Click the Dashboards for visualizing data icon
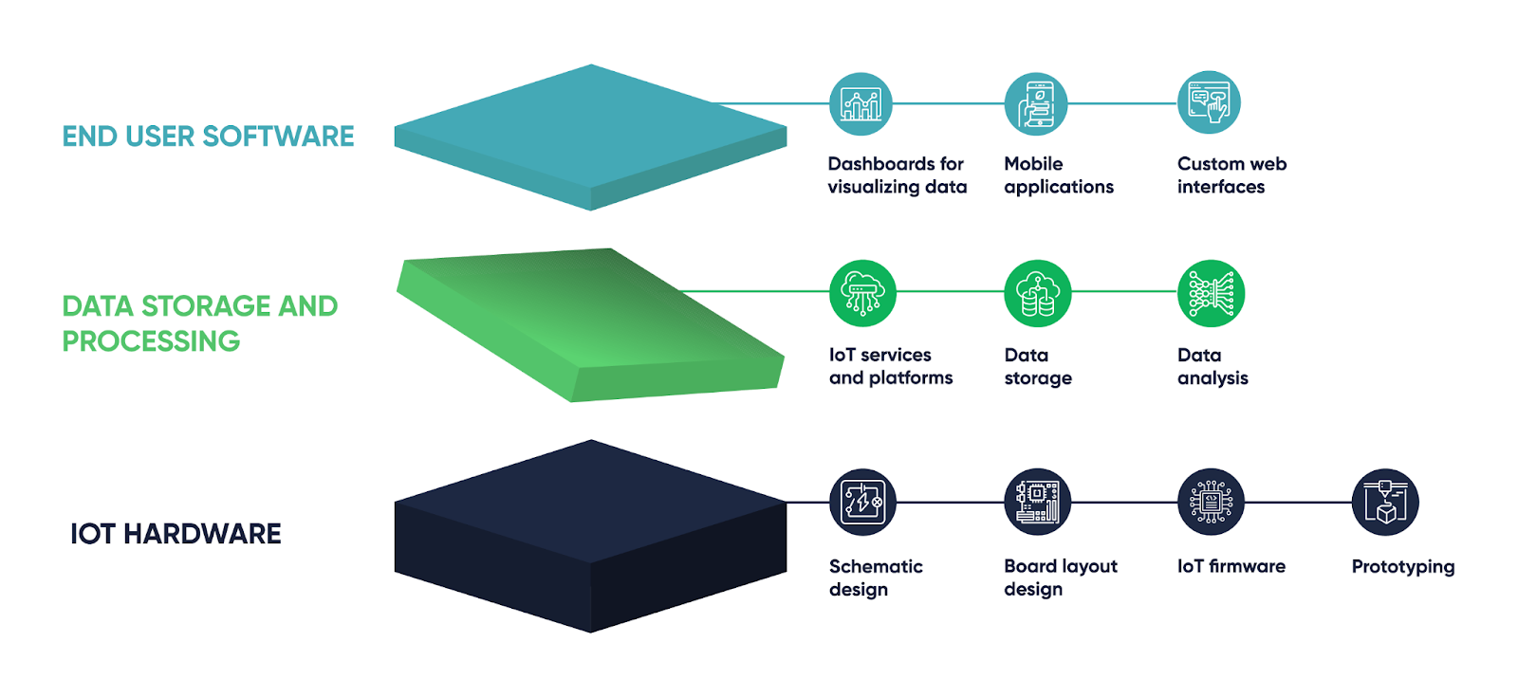point(861,104)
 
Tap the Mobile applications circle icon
point(1036,104)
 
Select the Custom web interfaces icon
point(1209,102)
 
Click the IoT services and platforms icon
point(862,293)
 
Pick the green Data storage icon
point(1037,293)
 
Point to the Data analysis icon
point(1211,293)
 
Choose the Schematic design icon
point(862,502)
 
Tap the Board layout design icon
point(1037,502)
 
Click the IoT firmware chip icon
point(1211,502)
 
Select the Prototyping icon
point(1385,502)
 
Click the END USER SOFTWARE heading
point(208,137)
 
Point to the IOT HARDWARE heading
point(176,534)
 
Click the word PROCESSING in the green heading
point(151,341)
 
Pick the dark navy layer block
point(590,536)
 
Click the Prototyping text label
point(1402,567)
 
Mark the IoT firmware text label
point(1231,566)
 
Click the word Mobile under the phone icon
point(1033,164)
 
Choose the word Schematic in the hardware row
point(875,566)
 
